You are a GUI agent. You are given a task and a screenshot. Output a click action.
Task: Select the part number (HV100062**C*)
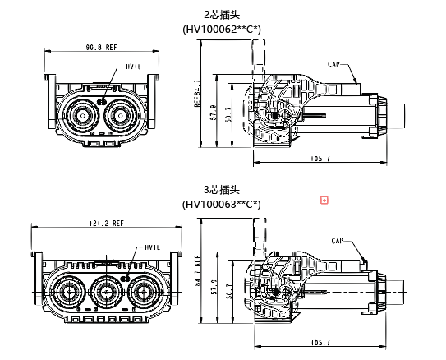tap(222, 29)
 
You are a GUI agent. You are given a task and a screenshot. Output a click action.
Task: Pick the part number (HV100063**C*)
tap(222, 204)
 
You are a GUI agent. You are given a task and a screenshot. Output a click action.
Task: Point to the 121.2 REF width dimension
tap(106, 223)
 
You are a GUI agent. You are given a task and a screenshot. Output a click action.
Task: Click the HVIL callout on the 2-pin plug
tap(133, 66)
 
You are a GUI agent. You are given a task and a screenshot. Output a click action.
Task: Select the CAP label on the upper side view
tap(333, 63)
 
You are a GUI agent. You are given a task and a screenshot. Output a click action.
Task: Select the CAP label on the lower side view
tap(337, 241)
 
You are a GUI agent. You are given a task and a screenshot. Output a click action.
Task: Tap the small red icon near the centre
tap(324, 200)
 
